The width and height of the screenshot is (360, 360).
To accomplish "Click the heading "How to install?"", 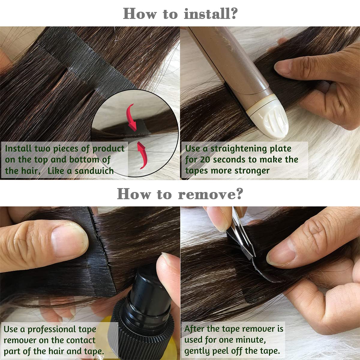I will [x=180, y=14].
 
